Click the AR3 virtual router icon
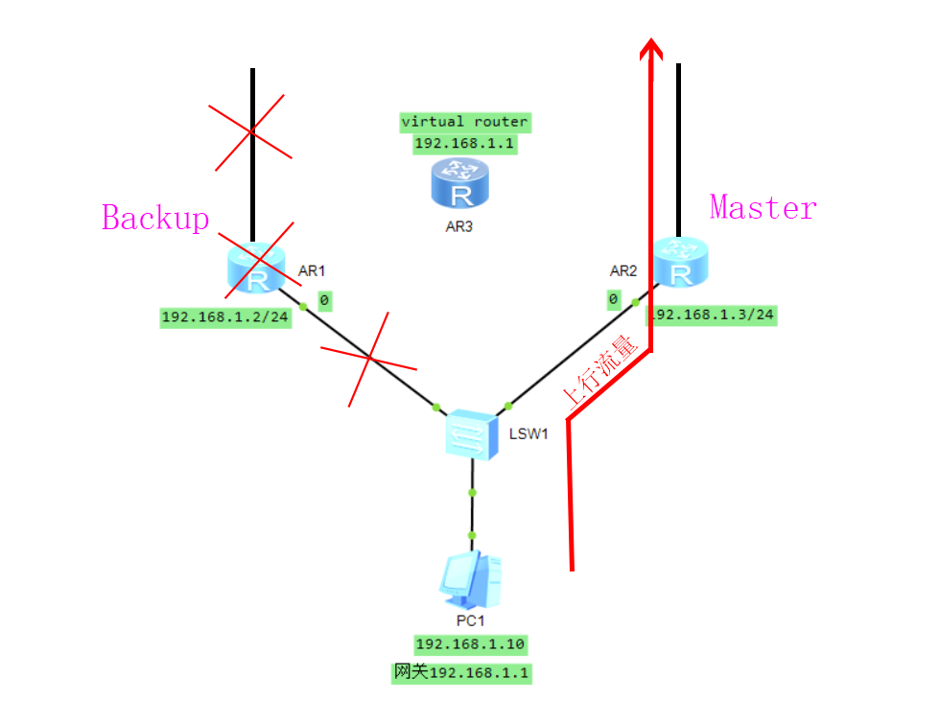460,183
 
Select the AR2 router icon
682,263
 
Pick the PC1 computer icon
471,581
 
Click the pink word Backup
155,218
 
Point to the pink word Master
763,207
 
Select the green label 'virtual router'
465,122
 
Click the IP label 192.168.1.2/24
225,318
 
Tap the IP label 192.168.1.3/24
714,315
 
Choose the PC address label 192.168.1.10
470,644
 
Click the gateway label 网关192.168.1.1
461,673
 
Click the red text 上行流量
601,373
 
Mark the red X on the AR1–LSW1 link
370,359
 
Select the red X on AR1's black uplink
252,130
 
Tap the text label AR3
459,228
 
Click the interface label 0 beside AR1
324,301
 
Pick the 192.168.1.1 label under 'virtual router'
465,144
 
